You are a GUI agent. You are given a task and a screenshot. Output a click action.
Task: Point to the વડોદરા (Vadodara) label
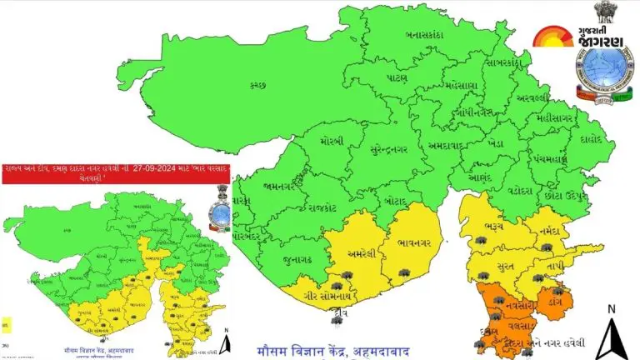coord(518,190)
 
